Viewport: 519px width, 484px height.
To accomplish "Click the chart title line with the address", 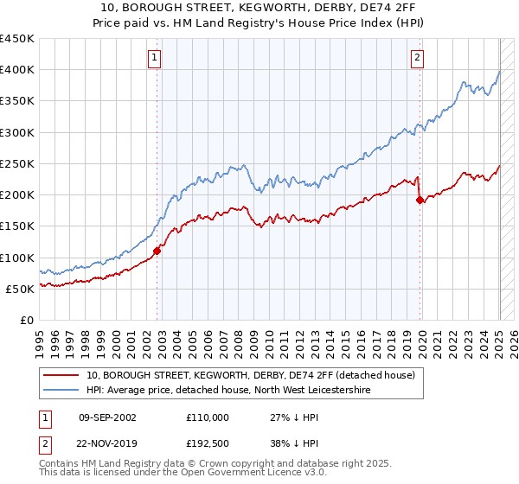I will [x=259, y=8].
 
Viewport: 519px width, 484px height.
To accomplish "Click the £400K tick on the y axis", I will [x=17, y=70].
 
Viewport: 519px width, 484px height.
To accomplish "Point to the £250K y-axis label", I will [x=17, y=163].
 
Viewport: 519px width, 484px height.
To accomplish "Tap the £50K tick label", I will [x=21, y=289].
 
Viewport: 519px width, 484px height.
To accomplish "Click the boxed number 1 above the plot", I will [x=154, y=58].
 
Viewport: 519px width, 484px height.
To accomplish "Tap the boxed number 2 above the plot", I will [x=417, y=58].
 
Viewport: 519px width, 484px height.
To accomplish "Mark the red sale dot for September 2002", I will [x=157, y=251].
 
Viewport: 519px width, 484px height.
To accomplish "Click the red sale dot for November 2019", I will [x=420, y=200].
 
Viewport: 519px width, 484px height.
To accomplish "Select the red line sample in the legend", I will [x=63, y=375].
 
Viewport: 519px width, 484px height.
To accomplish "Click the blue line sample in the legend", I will [x=63, y=390].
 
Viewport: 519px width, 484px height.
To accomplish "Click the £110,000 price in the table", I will [x=208, y=417].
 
